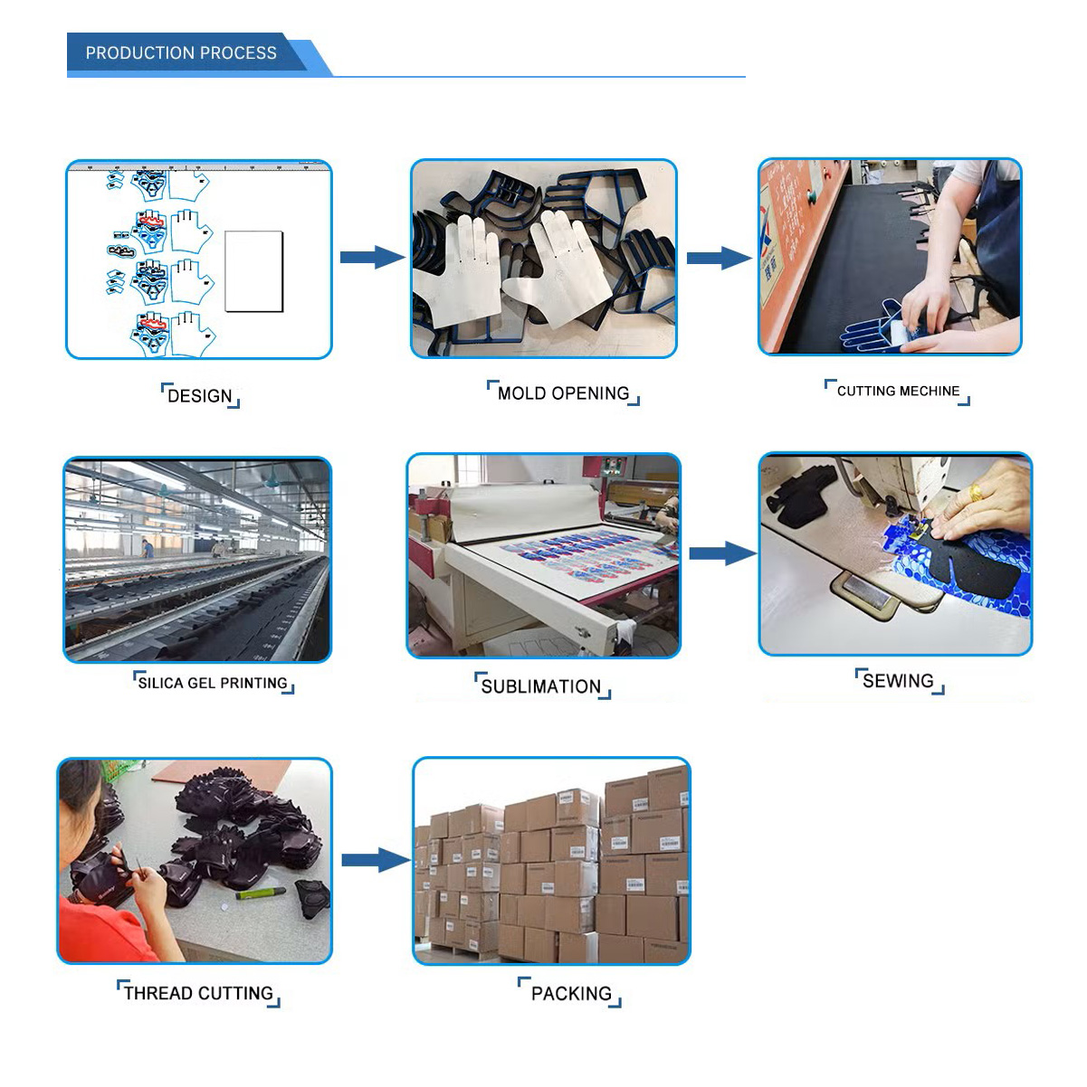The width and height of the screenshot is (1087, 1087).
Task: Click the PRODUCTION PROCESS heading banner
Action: pos(181,53)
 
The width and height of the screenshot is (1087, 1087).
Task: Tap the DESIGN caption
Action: pos(200,396)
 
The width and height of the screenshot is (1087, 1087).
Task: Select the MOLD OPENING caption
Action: pos(563,393)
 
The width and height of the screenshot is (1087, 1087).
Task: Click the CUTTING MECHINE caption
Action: pos(898,392)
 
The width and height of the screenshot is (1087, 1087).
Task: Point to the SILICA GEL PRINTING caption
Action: pos(213,683)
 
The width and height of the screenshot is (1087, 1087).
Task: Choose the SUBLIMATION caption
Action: pos(541,686)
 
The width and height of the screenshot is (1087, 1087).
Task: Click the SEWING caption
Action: pos(898,681)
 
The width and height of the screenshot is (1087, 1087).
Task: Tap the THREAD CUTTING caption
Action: pos(198,993)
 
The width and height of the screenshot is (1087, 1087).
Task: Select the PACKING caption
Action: pos(571,994)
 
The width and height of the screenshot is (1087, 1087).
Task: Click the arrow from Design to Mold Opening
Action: pos(372,258)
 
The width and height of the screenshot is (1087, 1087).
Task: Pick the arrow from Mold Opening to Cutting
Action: pos(719,258)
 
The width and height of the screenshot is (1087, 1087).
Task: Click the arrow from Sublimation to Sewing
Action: pos(722,553)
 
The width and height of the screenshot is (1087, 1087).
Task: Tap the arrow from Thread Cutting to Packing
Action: pos(375,859)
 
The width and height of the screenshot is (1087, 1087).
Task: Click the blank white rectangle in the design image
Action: pos(253,271)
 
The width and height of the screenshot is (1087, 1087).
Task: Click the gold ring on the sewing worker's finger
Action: pos(976,494)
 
